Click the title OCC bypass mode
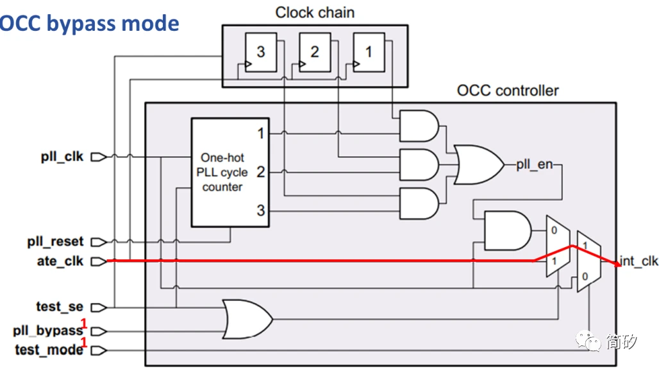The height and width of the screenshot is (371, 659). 90,24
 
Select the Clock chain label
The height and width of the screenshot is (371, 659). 315,12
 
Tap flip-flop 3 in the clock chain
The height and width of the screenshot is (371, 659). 260,52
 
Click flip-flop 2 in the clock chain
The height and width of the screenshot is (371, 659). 313,52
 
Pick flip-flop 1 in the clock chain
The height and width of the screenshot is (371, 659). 367,52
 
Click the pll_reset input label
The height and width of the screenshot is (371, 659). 55,242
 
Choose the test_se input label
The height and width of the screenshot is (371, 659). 60,307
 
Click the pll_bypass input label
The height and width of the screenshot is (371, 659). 48,331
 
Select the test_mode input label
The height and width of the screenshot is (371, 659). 49,350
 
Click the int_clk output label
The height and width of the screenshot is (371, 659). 638,261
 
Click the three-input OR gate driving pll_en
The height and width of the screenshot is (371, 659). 478,164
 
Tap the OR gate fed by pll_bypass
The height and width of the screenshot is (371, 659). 246,318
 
